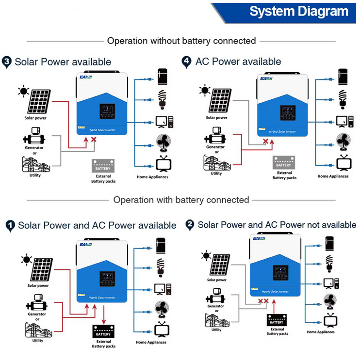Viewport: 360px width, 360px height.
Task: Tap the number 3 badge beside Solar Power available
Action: [7, 62]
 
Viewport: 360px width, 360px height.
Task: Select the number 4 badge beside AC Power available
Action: [187, 62]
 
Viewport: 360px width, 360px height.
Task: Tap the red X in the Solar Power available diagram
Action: [94, 140]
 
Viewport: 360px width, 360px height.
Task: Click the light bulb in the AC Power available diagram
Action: [343, 98]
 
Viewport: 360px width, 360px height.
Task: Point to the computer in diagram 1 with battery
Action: [163, 289]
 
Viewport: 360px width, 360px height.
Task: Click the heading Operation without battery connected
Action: [181, 41]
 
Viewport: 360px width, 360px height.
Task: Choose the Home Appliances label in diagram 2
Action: [321, 332]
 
